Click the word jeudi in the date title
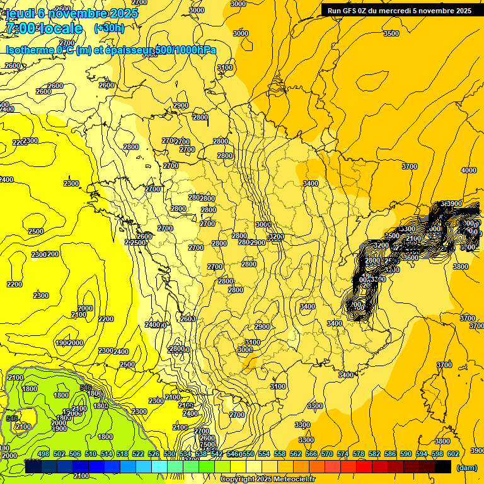click(x=20, y=13)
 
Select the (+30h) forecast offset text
click(x=109, y=28)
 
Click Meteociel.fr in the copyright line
click(x=292, y=480)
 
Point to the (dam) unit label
click(x=466, y=467)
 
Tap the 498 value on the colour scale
click(x=43, y=454)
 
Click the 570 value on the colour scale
click(x=327, y=454)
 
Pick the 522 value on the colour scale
click(x=138, y=454)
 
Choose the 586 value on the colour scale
click(x=390, y=454)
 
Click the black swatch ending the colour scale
click(x=443, y=467)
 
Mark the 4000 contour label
click(x=468, y=170)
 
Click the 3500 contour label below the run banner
click(x=391, y=33)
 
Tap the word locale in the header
click(x=61, y=28)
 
